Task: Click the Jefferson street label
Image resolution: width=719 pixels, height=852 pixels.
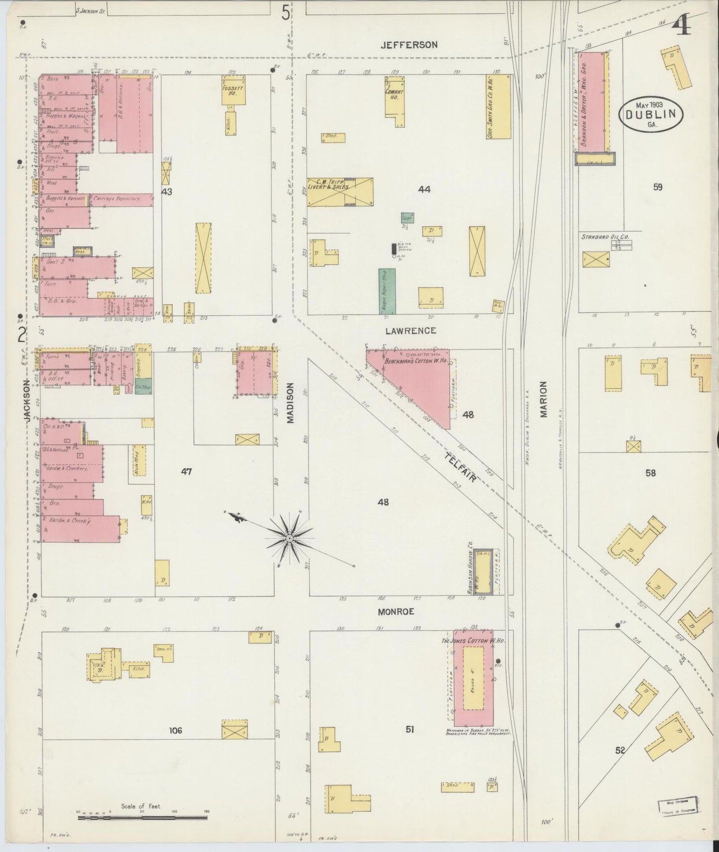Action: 409,45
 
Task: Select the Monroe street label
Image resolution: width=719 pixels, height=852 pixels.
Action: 396,612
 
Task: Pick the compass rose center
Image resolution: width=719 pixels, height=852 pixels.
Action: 289,538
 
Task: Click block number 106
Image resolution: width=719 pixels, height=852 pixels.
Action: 176,730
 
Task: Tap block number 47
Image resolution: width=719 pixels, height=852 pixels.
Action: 186,471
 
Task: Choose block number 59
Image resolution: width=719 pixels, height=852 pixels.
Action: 658,187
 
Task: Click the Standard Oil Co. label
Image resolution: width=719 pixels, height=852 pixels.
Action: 605,237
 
